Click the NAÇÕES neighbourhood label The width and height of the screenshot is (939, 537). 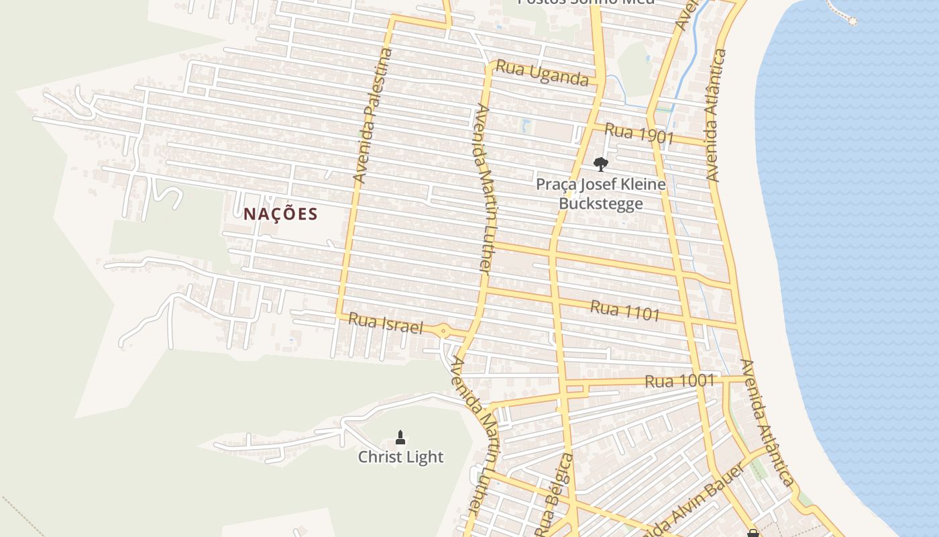coord(280,214)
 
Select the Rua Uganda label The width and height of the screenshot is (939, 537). coord(542,74)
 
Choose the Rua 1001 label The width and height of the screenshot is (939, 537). coord(679,381)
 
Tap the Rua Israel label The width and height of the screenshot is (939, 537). coord(386,323)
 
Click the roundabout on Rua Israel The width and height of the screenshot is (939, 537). coord(443,330)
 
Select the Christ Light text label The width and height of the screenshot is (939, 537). coord(400,457)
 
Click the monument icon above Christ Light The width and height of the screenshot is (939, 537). coord(400,438)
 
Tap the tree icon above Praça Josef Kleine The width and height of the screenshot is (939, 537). coord(600,164)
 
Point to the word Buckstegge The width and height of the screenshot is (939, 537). coord(601,203)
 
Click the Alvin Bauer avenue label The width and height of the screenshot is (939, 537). coord(698,500)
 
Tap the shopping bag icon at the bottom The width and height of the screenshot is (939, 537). coord(753,533)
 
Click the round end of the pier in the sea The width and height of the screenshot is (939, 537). coord(852,20)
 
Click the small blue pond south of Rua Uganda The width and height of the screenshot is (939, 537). coord(526,125)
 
